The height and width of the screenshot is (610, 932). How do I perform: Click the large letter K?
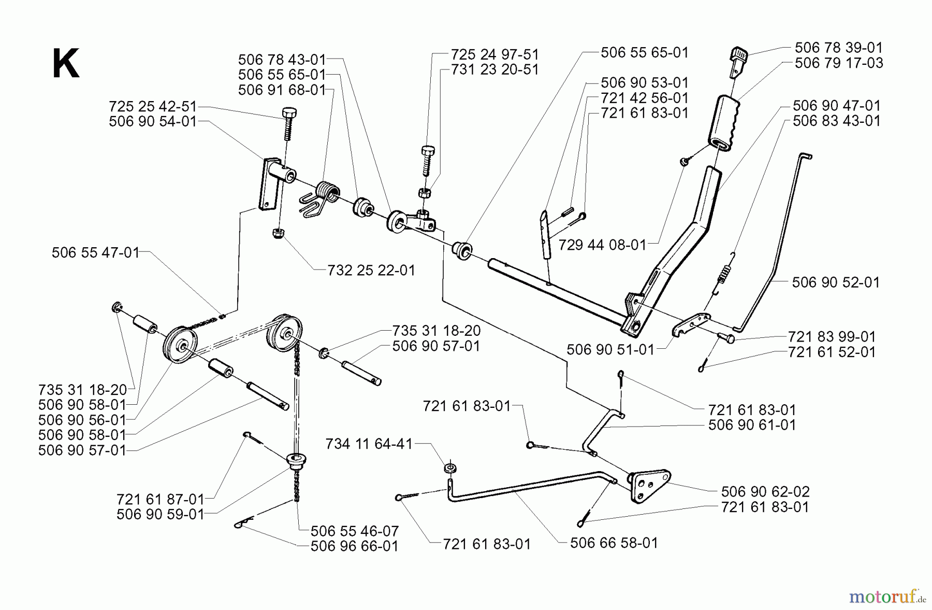(x=66, y=64)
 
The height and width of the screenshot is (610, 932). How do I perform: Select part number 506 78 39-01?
(x=838, y=48)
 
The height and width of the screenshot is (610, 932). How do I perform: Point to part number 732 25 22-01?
(x=371, y=271)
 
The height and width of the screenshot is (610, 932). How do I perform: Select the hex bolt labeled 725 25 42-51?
(x=288, y=122)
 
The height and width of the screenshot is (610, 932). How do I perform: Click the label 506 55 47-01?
(x=96, y=253)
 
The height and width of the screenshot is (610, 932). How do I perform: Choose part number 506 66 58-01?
(x=614, y=543)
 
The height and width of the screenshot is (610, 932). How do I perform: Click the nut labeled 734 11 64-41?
(x=449, y=467)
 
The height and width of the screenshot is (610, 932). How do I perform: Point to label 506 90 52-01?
(x=836, y=282)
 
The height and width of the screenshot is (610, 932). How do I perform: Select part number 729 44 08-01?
(x=603, y=245)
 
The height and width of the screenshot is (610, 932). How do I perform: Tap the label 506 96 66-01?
(x=354, y=546)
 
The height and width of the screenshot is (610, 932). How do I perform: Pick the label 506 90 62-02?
(x=765, y=491)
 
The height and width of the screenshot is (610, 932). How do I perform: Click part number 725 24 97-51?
(x=494, y=54)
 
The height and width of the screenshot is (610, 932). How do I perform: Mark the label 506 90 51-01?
(x=610, y=349)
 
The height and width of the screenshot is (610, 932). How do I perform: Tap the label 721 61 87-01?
(x=161, y=500)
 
